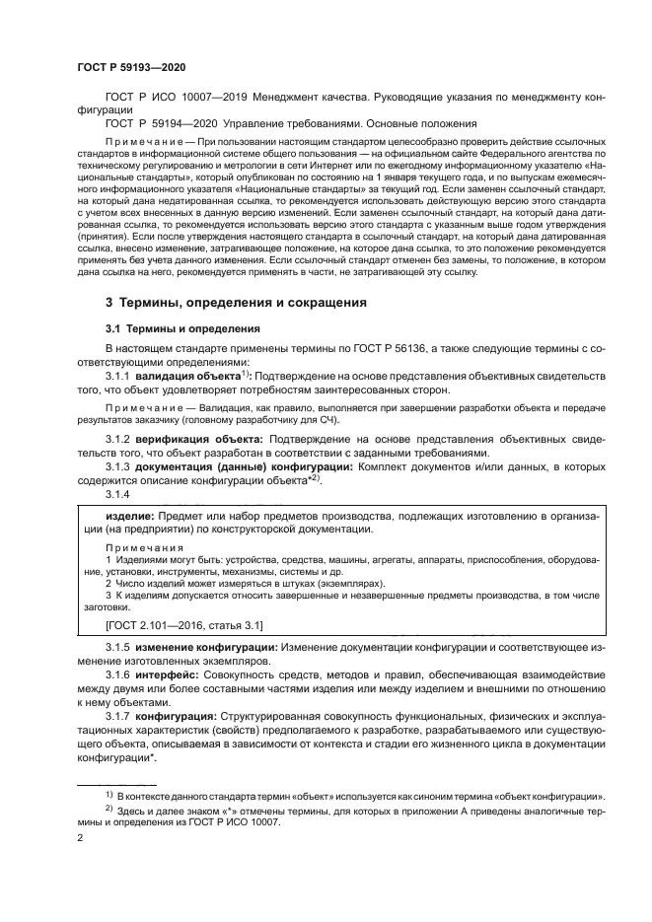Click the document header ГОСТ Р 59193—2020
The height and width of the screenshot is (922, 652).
pos(131,67)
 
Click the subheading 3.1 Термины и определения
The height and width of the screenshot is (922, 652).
pos(181,328)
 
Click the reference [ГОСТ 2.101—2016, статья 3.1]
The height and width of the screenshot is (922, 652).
pos(183,624)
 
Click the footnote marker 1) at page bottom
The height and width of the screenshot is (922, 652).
pos(109,793)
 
